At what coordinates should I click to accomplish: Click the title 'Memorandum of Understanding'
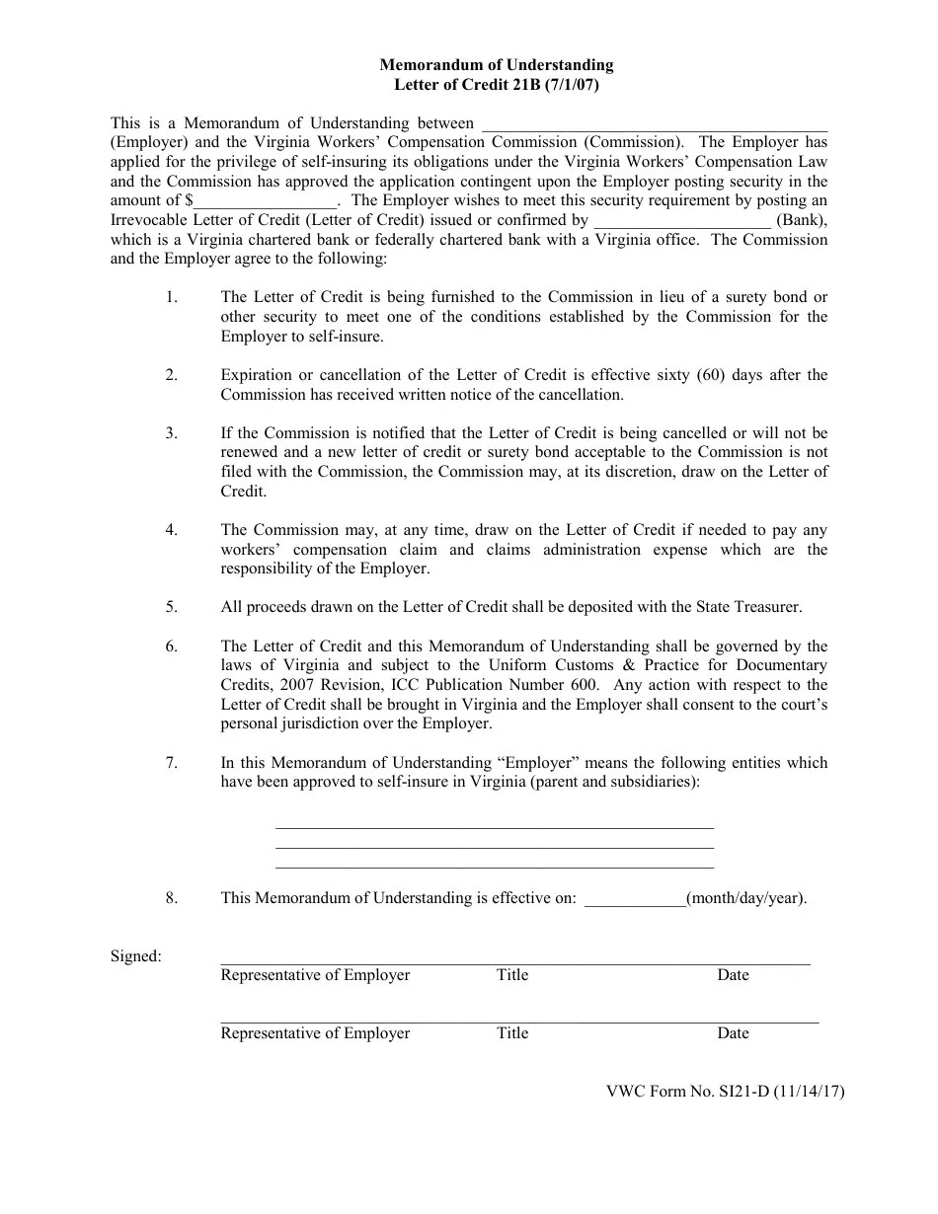click(x=497, y=65)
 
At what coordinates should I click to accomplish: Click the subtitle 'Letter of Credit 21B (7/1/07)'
click(x=497, y=85)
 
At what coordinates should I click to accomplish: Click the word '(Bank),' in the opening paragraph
click(x=802, y=220)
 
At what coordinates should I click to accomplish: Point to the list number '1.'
click(x=172, y=297)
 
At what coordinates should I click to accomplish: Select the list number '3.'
click(x=172, y=433)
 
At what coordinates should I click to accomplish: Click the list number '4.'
click(x=172, y=530)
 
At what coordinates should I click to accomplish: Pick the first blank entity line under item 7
click(x=494, y=827)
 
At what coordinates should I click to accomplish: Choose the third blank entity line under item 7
click(x=494, y=866)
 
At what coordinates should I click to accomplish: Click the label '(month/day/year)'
click(x=746, y=898)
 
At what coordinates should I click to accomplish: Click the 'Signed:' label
click(x=136, y=955)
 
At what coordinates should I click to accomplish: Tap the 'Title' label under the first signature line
click(x=512, y=975)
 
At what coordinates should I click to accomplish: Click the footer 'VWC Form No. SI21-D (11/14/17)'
click(x=725, y=1092)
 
